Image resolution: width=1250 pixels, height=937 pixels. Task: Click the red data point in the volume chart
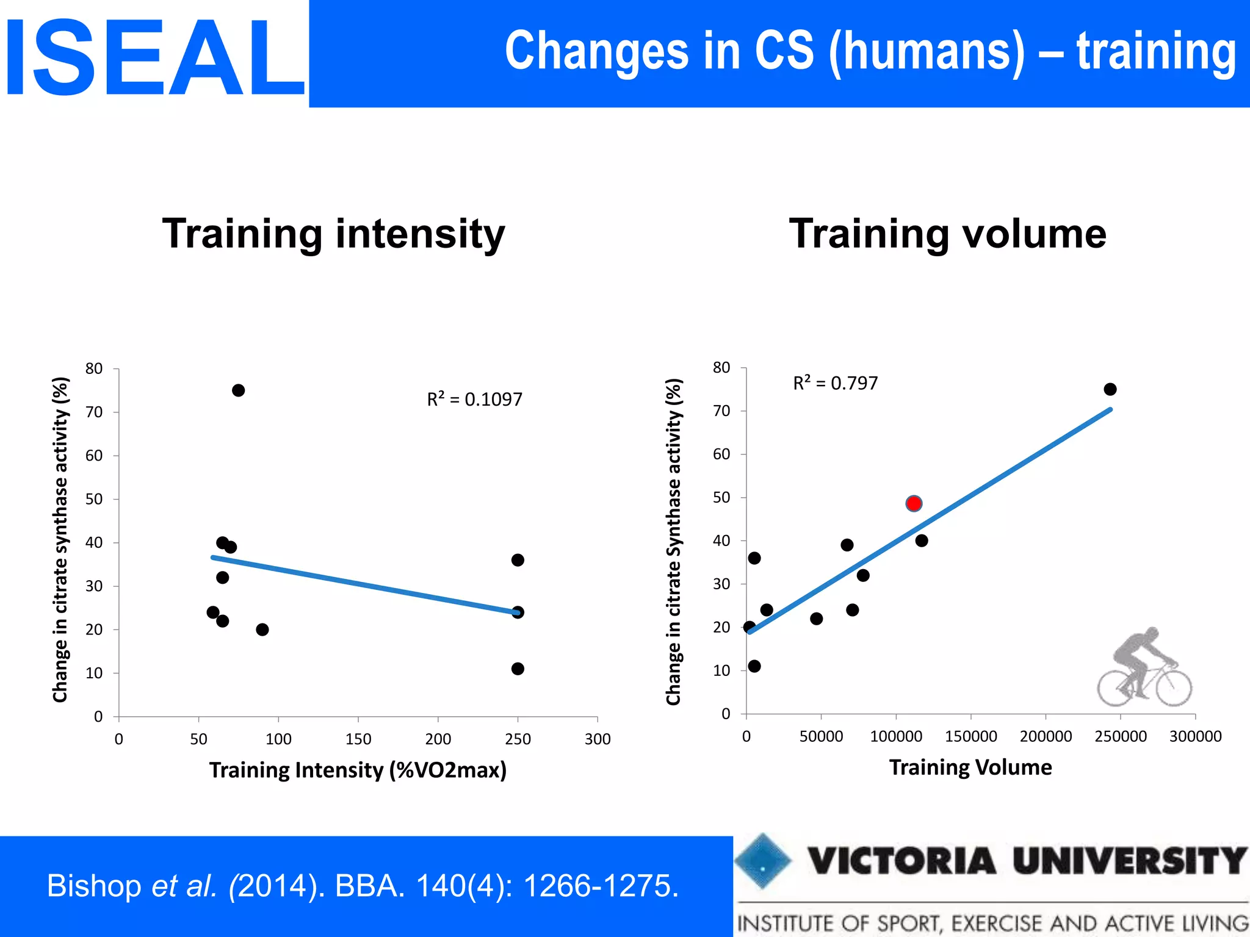tap(913, 503)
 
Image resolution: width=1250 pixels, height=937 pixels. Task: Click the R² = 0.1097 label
tap(474, 400)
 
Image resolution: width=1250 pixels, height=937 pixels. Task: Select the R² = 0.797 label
tap(835, 383)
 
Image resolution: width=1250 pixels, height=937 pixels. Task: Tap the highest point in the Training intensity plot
tap(239, 390)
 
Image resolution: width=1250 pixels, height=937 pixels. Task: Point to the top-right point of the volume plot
tap(1110, 389)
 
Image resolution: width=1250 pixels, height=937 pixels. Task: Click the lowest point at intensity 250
tap(518, 669)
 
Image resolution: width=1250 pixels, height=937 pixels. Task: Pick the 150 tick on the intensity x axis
tap(358, 739)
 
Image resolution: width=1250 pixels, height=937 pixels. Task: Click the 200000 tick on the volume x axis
tap(1046, 736)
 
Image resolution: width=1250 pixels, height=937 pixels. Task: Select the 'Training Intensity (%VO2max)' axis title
tap(358, 770)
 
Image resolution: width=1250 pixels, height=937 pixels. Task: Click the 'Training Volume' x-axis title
tap(970, 767)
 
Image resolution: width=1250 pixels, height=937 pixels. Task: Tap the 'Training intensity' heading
tap(333, 234)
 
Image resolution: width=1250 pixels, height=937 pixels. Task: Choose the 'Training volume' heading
tap(947, 234)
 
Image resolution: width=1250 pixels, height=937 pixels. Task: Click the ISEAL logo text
tap(154, 58)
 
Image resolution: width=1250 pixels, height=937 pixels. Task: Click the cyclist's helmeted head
tap(1151, 634)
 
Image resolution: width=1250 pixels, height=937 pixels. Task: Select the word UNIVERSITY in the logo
tap(1130, 861)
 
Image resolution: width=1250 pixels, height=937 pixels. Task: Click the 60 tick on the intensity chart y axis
tap(94, 456)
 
